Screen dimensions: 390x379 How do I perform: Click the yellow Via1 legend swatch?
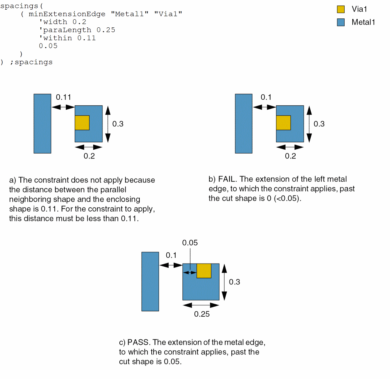tap(341, 9)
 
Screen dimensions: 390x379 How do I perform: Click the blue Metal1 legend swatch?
tap(341, 22)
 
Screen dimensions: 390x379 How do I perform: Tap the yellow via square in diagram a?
tap(82, 123)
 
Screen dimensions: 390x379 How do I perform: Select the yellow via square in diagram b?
tap(283, 123)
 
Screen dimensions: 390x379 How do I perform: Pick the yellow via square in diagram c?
tap(204, 271)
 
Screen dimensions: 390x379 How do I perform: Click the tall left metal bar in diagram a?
tap(42, 124)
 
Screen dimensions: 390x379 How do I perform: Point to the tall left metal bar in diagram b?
tap(244, 124)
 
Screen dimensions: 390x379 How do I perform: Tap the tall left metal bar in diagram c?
tap(150, 282)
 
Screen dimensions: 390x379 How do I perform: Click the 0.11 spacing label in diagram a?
tap(64, 97)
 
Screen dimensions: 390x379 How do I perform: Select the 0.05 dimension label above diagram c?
tap(190, 242)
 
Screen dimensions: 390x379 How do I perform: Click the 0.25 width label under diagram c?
tap(202, 314)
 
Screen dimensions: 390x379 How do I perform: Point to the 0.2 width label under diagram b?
tap(290, 156)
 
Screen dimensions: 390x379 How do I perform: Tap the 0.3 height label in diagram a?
tap(118, 124)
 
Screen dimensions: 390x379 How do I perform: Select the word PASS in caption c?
tap(139, 342)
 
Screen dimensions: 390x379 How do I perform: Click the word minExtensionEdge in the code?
tap(67, 14)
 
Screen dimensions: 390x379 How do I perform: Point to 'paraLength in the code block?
tap(65, 30)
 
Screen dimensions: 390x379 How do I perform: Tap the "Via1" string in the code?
tap(168, 14)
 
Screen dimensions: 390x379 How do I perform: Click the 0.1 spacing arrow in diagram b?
tap(264, 107)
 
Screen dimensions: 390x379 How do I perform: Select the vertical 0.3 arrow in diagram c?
tap(224, 282)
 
